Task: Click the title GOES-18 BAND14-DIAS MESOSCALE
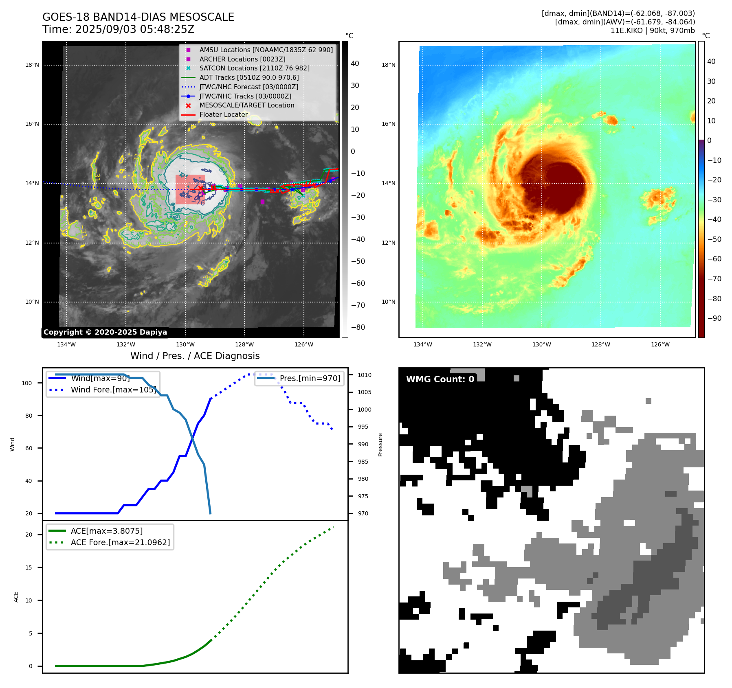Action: (138, 17)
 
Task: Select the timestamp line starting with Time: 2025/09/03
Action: (118, 29)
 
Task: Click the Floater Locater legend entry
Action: (223, 114)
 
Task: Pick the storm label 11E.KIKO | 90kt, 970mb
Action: (652, 31)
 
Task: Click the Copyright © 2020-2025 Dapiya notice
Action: (105, 332)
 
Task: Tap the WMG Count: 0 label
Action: (440, 379)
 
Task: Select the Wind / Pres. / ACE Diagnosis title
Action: (195, 356)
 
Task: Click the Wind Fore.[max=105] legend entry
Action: (113, 390)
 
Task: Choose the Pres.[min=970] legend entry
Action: (310, 378)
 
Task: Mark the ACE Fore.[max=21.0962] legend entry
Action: (120, 542)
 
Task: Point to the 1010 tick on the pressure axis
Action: (365, 375)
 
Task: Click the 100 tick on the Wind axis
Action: (27, 383)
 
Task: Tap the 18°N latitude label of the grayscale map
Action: (32, 65)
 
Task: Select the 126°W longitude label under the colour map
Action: (660, 344)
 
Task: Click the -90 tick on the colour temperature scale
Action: (714, 318)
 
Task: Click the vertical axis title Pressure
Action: (380, 445)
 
